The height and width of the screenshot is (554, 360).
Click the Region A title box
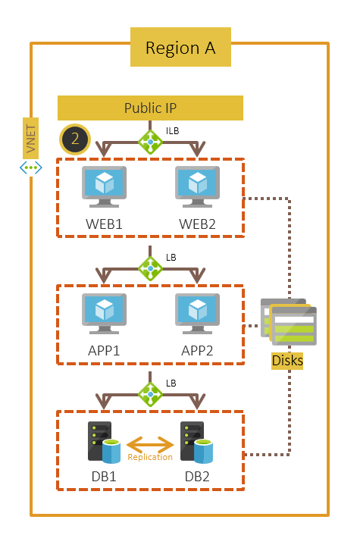click(180, 49)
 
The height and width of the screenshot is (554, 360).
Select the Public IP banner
click(150, 108)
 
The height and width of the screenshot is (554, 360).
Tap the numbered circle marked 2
click(75, 139)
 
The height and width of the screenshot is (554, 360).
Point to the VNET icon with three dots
click(30, 166)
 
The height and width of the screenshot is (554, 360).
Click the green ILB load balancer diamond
click(150, 141)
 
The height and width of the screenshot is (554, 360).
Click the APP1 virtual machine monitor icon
click(104, 314)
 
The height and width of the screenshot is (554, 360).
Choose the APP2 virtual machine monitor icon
click(198, 314)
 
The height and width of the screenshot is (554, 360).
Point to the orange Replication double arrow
click(149, 443)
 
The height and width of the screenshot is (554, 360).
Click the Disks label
click(287, 361)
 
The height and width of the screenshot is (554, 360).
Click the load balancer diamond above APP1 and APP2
click(150, 268)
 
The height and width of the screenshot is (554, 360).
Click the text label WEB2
click(198, 225)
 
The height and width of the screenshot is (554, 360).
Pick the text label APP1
click(105, 352)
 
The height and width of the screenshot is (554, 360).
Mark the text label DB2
click(198, 477)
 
